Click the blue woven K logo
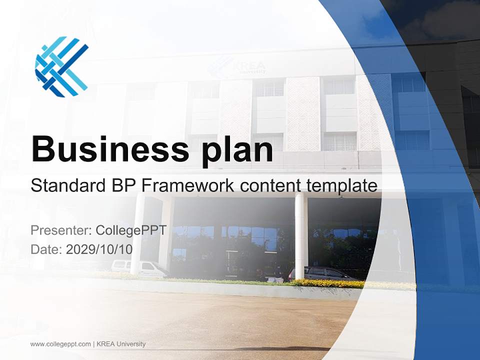[61, 66]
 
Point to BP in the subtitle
[124, 186]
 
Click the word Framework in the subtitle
[188, 186]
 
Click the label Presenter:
[60, 230]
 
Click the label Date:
[46, 249]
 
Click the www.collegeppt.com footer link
[60, 344]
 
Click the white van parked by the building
[140, 268]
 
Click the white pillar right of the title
[300, 235]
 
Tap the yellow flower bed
[330, 283]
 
